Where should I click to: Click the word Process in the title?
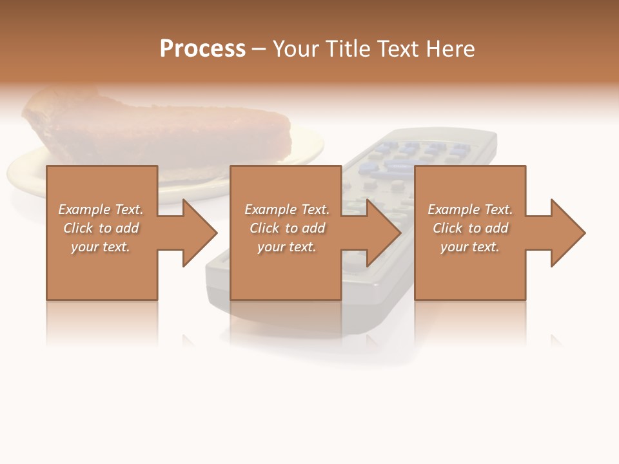pyautogui.click(x=202, y=49)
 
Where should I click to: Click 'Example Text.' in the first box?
pyautogui.click(x=101, y=209)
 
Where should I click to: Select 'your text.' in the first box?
pyautogui.click(x=101, y=247)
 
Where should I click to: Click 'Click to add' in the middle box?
pyautogui.click(x=287, y=228)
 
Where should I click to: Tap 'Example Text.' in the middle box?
pyautogui.click(x=287, y=209)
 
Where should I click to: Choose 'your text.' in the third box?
pyautogui.click(x=470, y=247)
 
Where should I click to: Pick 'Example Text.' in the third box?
pyautogui.click(x=470, y=209)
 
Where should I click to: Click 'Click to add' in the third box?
pyautogui.click(x=470, y=228)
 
